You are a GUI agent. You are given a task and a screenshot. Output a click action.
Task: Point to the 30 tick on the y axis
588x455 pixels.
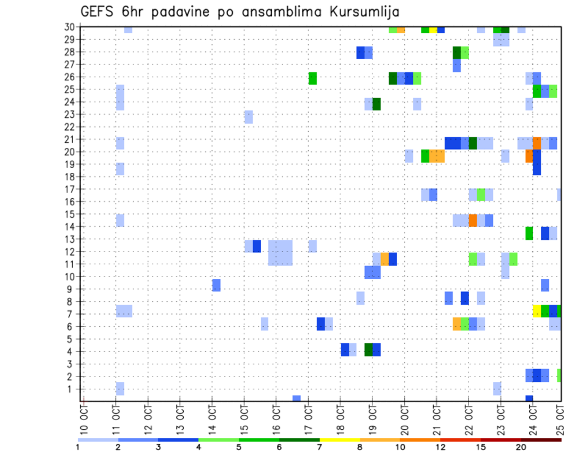(70, 27)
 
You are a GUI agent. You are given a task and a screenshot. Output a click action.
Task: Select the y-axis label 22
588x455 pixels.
(70, 127)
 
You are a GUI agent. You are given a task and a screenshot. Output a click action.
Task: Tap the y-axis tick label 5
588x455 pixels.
(73, 339)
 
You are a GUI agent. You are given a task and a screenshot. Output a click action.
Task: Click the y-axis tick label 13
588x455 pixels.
(70, 239)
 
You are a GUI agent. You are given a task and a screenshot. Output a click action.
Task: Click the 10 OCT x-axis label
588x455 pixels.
(84, 418)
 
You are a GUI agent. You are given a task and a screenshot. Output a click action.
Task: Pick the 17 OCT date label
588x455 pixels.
(309, 418)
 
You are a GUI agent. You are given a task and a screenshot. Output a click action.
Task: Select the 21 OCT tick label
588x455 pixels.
(437, 418)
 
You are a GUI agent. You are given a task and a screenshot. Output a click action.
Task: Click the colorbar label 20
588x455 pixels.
(521, 447)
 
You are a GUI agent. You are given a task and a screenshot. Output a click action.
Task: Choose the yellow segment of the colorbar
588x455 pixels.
(339, 439)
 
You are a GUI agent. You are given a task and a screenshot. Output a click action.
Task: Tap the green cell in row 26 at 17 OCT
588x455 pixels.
(312, 78)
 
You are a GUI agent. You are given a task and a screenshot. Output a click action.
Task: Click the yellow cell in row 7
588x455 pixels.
(537, 311)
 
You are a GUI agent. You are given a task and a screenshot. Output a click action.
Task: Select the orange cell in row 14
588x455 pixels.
(473, 220)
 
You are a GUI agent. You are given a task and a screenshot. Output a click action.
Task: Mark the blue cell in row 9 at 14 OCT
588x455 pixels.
(216, 285)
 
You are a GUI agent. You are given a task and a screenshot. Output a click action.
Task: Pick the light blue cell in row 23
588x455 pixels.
(248, 117)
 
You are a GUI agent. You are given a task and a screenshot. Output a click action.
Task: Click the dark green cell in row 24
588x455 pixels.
(377, 104)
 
